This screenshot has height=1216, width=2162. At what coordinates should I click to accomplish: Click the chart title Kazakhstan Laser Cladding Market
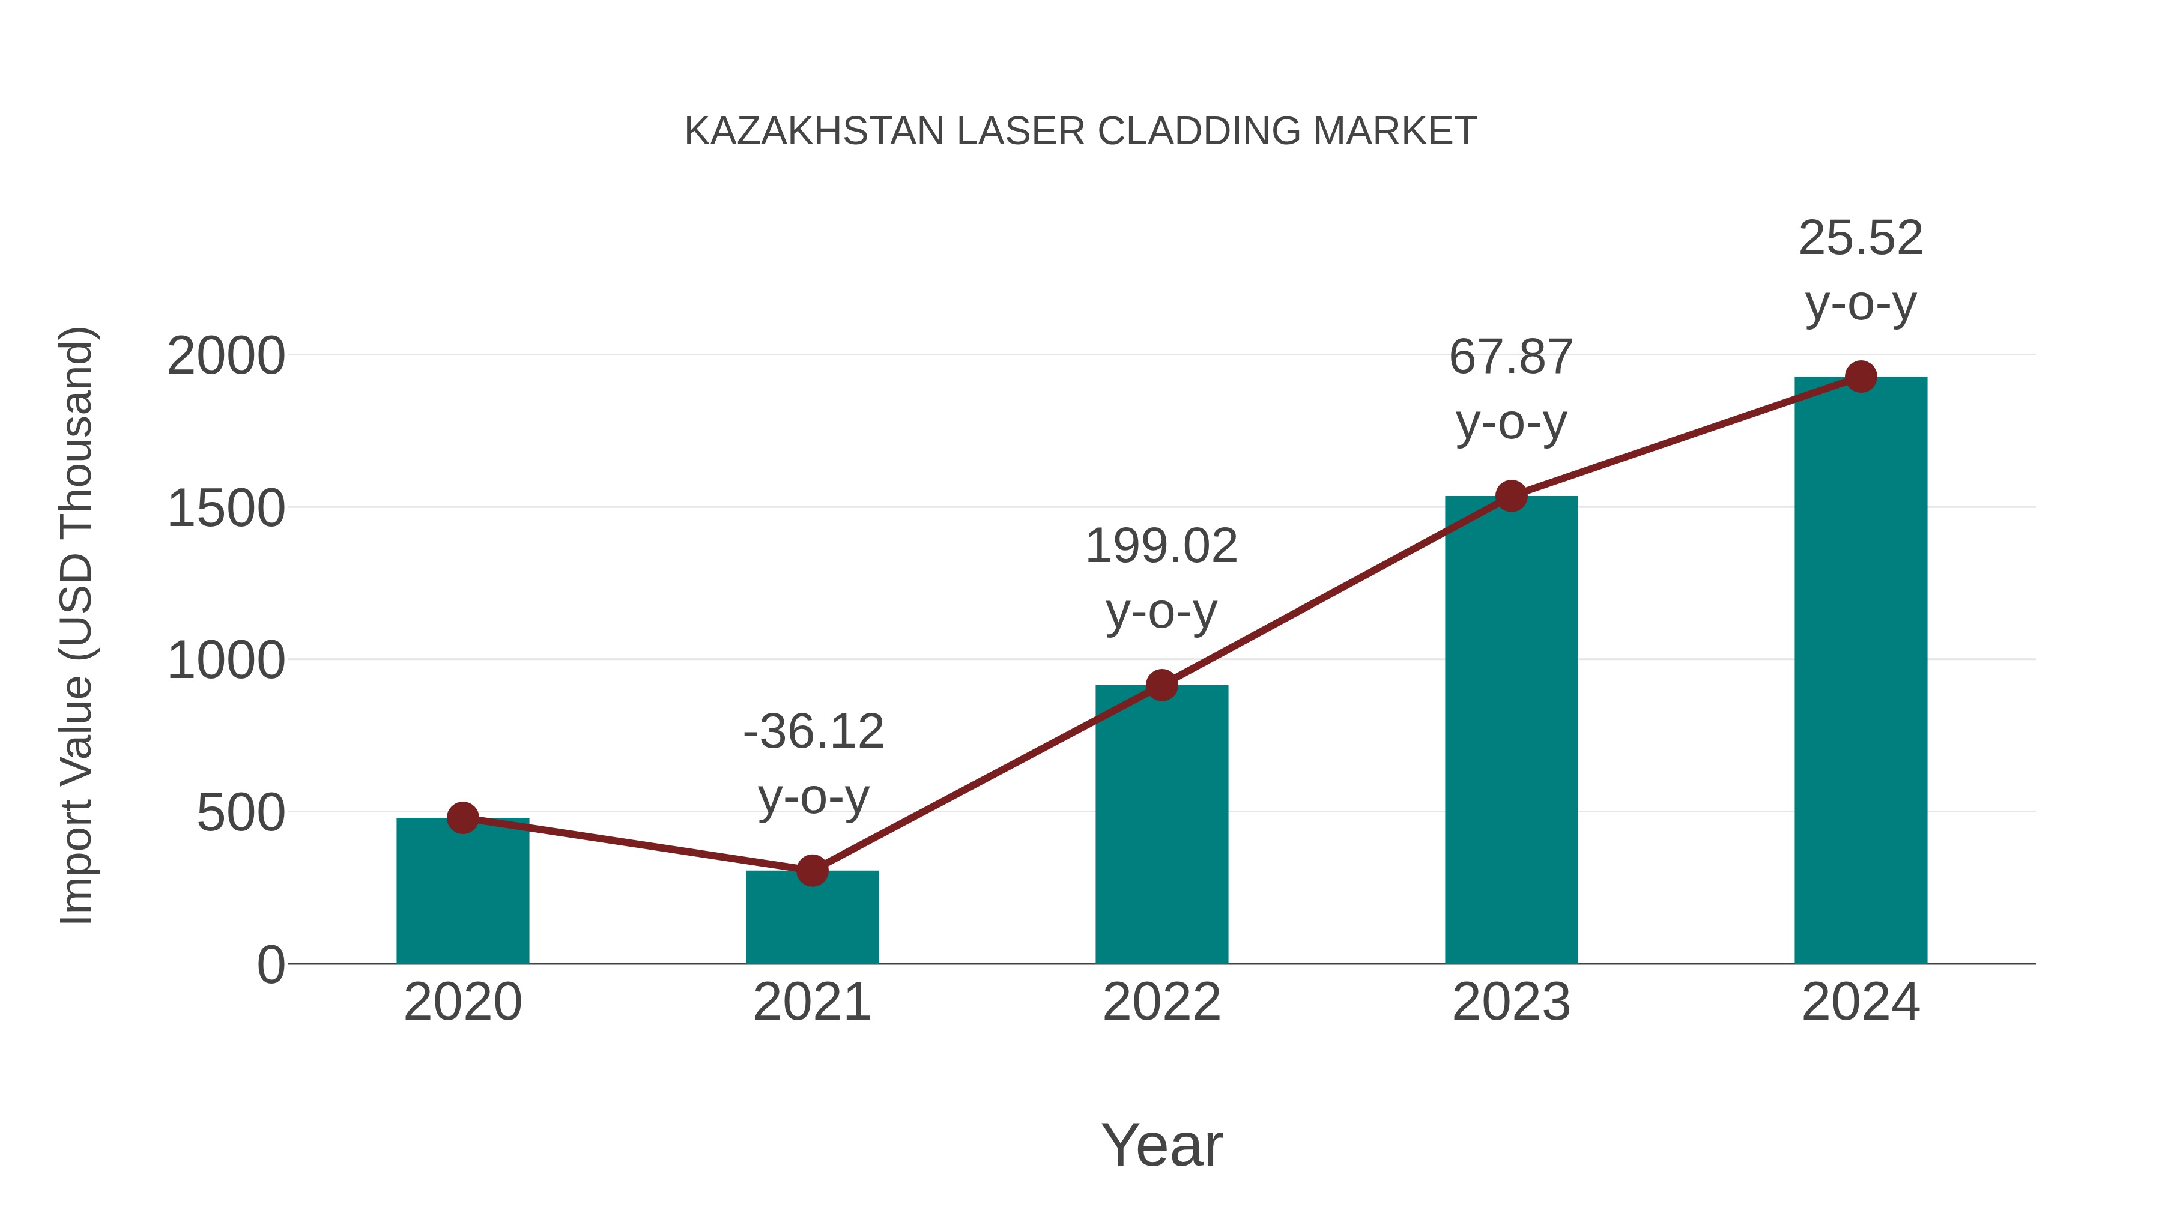[1080, 132]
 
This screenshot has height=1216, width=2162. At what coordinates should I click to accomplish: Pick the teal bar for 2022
[1161, 827]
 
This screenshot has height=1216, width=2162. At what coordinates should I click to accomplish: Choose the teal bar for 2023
[1511, 730]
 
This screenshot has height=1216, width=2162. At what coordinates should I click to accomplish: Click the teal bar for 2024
[1861, 671]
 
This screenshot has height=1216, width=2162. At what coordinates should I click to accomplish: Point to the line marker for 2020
[462, 817]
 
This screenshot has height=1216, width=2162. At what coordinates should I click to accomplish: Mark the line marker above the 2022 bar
[1161, 686]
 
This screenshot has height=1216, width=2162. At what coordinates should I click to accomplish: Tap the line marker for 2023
[1511, 496]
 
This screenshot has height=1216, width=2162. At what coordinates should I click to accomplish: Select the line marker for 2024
[1861, 377]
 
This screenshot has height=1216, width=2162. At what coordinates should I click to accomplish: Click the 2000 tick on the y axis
[226, 356]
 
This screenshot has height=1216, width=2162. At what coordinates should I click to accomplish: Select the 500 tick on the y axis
[241, 812]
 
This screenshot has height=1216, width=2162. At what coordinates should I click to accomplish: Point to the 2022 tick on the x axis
[1161, 1002]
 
